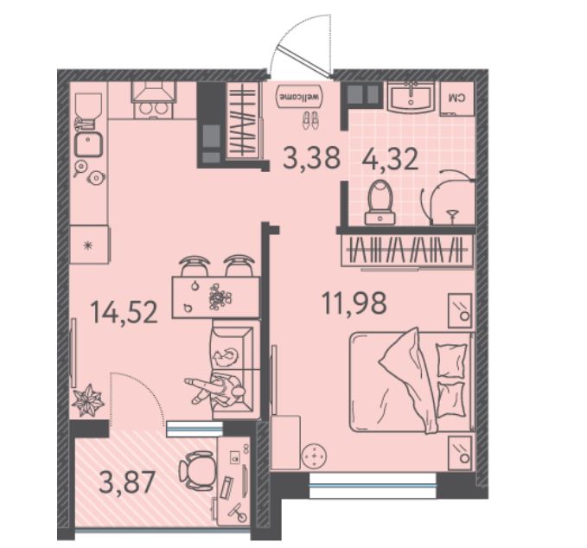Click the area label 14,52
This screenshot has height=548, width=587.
pyautogui.click(x=124, y=313)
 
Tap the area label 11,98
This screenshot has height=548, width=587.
pyautogui.click(x=354, y=303)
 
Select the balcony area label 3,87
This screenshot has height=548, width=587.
pyautogui.click(x=127, y=482)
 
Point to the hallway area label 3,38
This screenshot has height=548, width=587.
pyautogui.click(x=312, y=157)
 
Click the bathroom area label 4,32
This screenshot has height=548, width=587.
pyautogui.click(x=390, y=159)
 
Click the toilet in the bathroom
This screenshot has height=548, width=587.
pyautogui.click(x=380, y=202)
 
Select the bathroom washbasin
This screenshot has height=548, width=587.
pyautogui.click(x=411, y=97)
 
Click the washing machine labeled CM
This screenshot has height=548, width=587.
pyautogui.click(x=457, y=98)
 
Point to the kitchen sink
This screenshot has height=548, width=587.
pyautogui.click(x=88, y=144)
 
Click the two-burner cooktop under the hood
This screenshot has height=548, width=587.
pyautogui.click(x=153, y=109)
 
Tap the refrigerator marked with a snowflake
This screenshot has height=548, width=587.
pyautogui.click(x=89, y=245)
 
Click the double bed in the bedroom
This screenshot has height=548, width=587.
pyautogui.click(x=412, y=381)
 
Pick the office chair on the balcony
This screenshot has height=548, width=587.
pyautogui.click(x=196, y=469)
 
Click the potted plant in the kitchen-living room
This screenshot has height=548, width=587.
pyautogui.click(x=87, y=399)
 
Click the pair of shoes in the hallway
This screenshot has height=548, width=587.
pyautogui.click(x=310, y=120)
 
